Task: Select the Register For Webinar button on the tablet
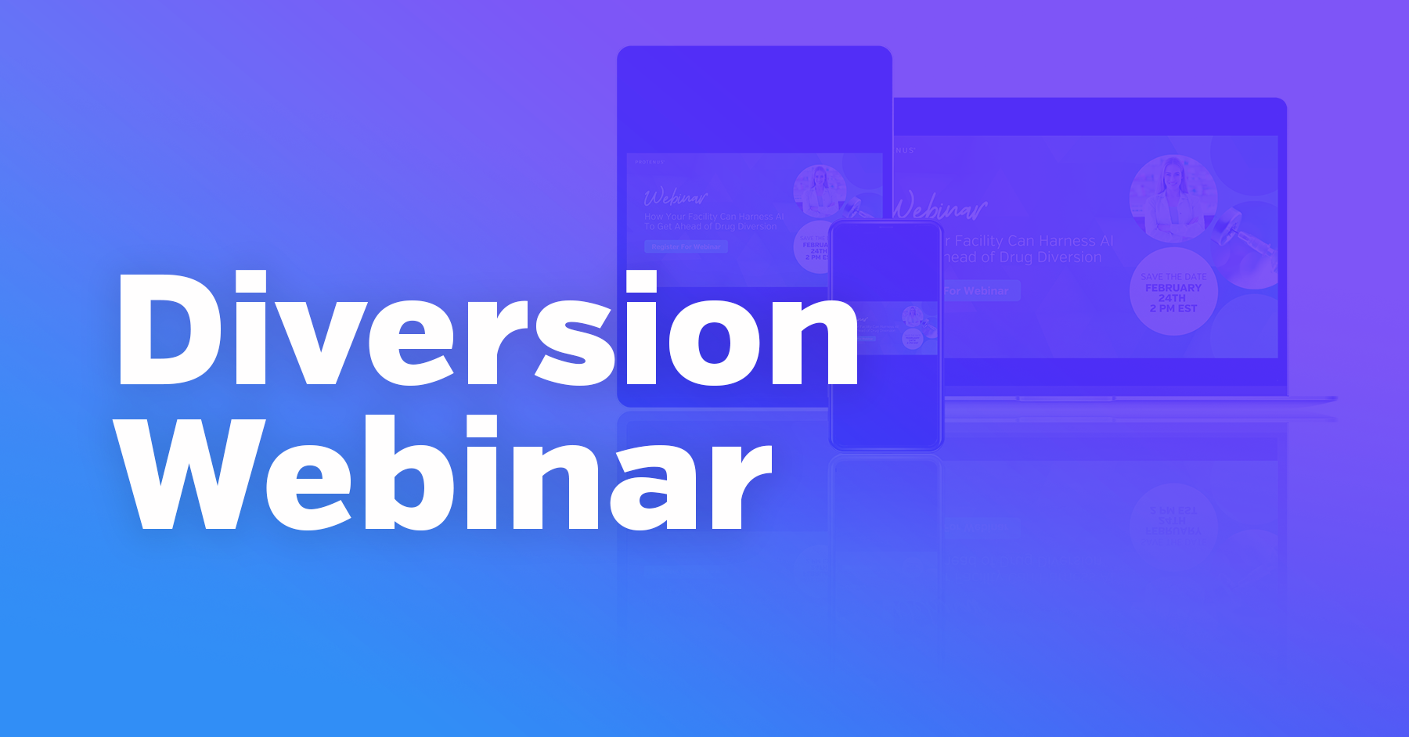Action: click(686, 246)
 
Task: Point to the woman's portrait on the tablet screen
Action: click(820, 190)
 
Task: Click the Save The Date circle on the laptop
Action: click(1173, 292)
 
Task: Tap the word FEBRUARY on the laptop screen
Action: click(1173, 288)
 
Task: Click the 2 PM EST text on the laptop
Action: click(1173, 309)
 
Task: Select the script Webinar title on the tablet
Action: click(675, 197)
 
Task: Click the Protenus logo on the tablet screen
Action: click(650, 162)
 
